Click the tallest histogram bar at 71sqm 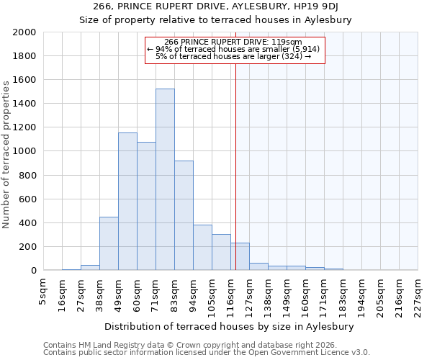tap(165, 180)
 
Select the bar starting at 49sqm tap(127, 202)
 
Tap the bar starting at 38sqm tap(109, 243)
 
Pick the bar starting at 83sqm tap(184, 216)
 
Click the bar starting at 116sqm tap(240, 256)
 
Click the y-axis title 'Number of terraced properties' tap(6, 154)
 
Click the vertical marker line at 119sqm tap(235, 180)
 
